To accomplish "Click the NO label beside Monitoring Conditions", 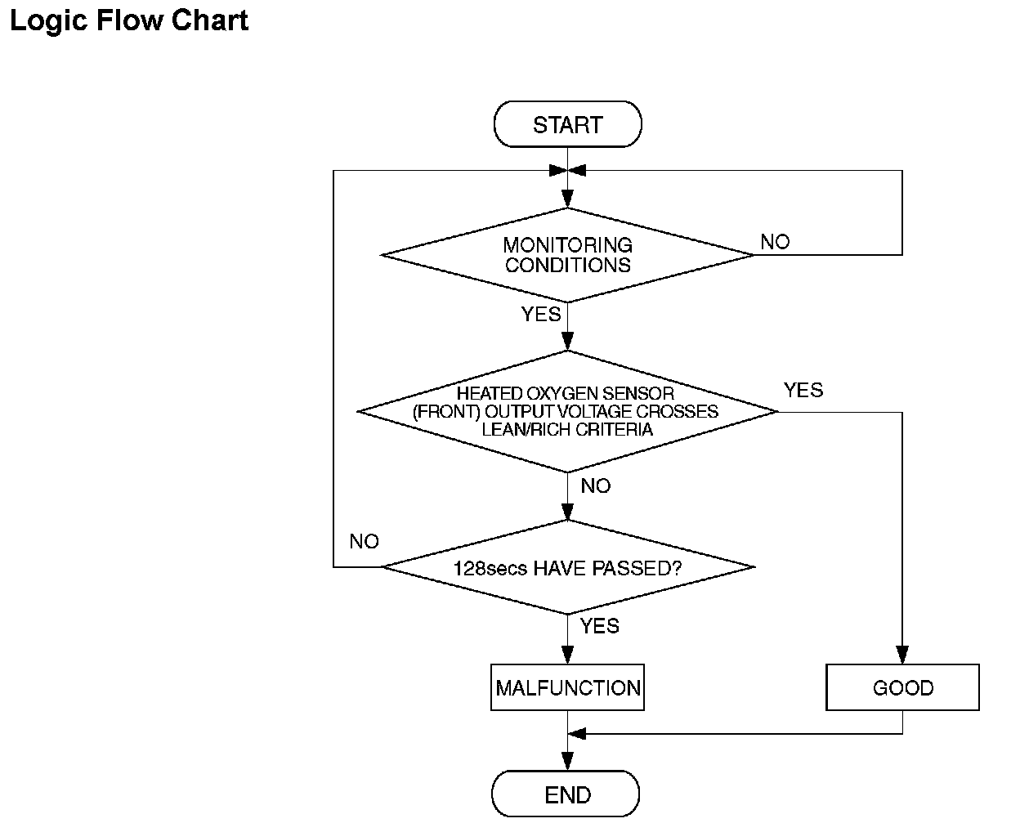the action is click(x=775, y=242).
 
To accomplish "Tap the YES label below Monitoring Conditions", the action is click(x=541, y=315).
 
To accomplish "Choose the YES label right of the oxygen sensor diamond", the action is click(x=803, y=390).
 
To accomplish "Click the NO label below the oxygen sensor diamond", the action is click(x=595, y=485).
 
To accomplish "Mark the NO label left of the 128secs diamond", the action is click(x=365, y=541).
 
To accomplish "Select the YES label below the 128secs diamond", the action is click(x=599, y=626).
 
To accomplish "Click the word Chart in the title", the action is click(x=209, y=20).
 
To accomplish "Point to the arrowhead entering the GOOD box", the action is click(x=902, y=655).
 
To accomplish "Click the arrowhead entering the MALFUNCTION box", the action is click(x=567, y=655).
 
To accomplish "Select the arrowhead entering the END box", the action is click(x=567, y=761).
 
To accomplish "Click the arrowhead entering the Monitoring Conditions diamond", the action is click(x=567, y=199).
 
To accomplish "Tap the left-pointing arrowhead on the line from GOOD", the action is click(x=577, y=734).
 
